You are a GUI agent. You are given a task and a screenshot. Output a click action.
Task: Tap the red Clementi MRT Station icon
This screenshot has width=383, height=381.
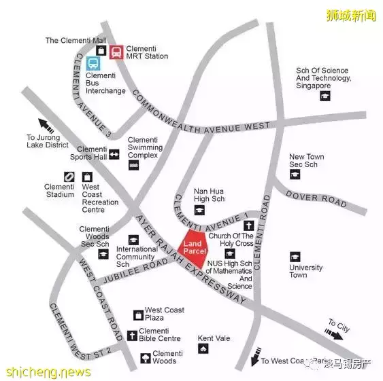(116, 52)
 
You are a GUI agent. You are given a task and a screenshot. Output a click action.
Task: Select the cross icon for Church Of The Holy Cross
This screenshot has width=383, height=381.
(249, 225)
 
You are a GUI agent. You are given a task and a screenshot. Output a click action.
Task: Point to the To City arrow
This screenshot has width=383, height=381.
(333, 333)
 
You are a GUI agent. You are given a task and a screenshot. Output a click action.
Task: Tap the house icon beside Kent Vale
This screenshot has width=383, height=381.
(203, 349)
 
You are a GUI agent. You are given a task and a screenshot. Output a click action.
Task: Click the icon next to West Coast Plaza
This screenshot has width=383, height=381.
(138, 315)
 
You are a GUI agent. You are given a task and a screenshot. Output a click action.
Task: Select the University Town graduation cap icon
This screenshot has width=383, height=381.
(295, 257)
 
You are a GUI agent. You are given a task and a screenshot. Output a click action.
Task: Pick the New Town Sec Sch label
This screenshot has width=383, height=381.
(306, 160)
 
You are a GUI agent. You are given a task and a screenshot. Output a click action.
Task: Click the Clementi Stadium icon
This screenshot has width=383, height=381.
(69, 177)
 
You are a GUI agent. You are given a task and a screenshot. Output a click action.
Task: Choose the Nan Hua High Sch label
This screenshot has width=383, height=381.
(209, 196)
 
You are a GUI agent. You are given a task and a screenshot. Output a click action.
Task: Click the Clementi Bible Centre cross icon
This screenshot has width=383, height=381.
(132, 335)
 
